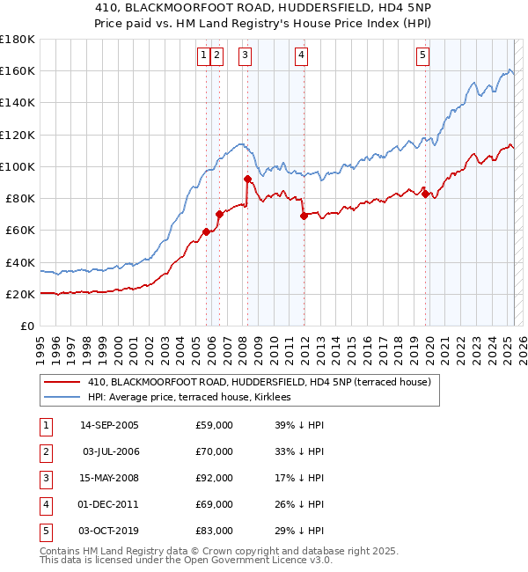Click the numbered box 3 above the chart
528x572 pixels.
tap(245, 55)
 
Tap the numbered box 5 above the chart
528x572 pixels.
tap(423, 55)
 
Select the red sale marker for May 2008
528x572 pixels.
tap(247, 179)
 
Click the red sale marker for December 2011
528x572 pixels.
tap(303, 216)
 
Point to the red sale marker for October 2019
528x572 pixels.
tap(426, 194)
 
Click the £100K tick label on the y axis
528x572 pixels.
tap(17, 166)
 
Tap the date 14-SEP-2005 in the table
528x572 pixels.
tap(109, 425)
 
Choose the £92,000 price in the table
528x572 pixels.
tap(214, 478)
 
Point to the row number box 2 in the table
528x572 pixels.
tap(43, 451)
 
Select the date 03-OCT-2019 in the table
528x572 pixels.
tap(109, 531)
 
